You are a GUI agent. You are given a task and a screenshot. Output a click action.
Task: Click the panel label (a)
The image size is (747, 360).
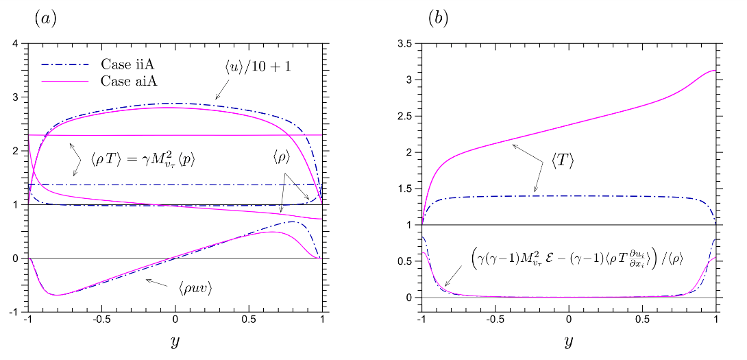click(45, 19)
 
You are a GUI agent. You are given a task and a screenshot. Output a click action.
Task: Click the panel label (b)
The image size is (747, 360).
click(438, 19)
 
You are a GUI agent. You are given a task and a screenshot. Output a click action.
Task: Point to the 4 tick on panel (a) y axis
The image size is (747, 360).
click(15, 45)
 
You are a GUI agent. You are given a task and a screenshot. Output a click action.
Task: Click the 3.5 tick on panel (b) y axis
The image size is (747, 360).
click(406, 45)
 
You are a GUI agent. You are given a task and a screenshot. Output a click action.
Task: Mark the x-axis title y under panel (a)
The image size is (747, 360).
click(175, 341)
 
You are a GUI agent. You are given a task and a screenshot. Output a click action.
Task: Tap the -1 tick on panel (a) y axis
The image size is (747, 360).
click(13, 312)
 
